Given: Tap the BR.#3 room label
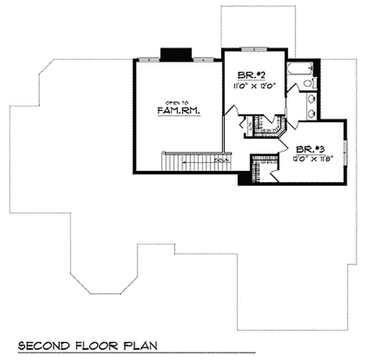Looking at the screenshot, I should click(x=310, y=150).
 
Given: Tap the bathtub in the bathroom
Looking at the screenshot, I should click(x=301, y=69).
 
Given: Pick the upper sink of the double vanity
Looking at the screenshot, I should click(x=312, y=99).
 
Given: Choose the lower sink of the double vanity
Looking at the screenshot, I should click(x=312, y=112).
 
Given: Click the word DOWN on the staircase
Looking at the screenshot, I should click(x=221, y=161).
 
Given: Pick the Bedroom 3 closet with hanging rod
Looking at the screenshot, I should click(x=261, y=169).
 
